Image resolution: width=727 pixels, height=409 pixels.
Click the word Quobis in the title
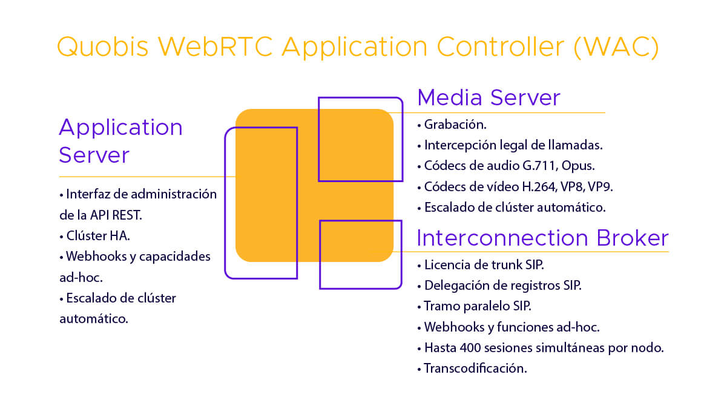(x=102, y=47)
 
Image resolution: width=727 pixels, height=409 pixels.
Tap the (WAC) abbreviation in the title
(x=616, y=47)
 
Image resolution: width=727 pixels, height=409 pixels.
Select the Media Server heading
(x=489, y=97)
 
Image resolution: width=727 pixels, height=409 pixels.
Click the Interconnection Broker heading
(x=542, y=238)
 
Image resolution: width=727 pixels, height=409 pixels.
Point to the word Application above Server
(x=121, y=128)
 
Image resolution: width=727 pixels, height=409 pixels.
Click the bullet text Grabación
(x=455, y=125)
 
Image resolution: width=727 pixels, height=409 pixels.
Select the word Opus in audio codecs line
(x=578, y=166)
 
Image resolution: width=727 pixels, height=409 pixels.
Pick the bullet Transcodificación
(x=475, y=368)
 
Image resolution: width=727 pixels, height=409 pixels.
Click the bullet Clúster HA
(x=98, y=236)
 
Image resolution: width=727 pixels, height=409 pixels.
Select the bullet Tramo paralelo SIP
(x=478, y=306)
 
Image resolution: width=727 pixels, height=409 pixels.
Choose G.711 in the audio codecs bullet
(x=540, y=166)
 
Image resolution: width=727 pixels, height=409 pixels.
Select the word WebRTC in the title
(x=215, y=47)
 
